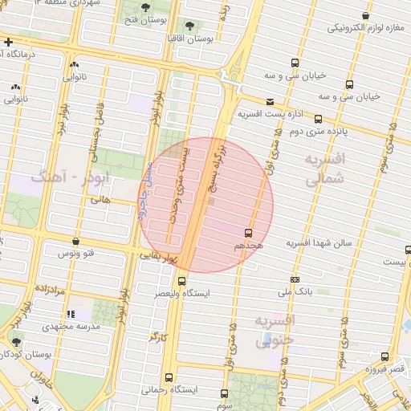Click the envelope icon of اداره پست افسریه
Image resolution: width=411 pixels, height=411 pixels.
[270, 102]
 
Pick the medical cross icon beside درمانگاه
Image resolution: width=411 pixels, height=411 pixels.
[7, 42]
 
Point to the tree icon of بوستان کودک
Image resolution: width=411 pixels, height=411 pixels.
[15, 342]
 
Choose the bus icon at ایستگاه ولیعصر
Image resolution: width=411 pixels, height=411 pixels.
[182, 282]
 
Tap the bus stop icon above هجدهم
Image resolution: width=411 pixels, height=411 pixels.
[247, 231]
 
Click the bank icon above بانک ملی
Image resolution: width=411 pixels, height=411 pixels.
[295, 279]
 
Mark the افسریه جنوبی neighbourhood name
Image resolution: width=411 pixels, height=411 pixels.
[275, 330]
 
